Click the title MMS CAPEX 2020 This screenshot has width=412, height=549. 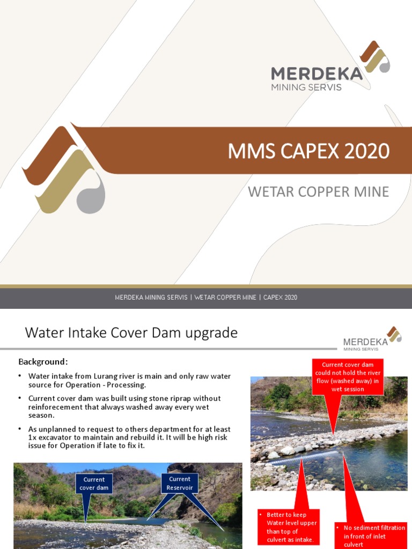click(x=308, y=151)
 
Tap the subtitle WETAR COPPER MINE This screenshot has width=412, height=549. click(x=318, y=191)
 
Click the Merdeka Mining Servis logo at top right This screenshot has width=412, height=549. click(x=329, y=67)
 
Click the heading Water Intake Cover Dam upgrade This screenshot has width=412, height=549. click(x=131, y=333)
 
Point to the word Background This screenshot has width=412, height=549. click(x=43, y=361)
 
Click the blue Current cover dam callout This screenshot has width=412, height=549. click(x=94, y=484)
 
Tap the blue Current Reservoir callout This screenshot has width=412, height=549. click(x=180, y=483)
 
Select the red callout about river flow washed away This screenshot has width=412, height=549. click(x=347, y=377)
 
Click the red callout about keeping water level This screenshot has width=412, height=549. click(x=289, y=527)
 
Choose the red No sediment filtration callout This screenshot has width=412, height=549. click(x=370, y=536)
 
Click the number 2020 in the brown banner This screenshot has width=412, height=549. click(x=367, y=151)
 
